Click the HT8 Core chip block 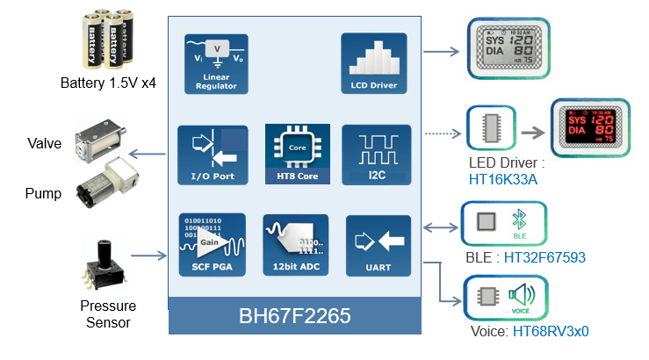click(298, 155)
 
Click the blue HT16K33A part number click(503, 178)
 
